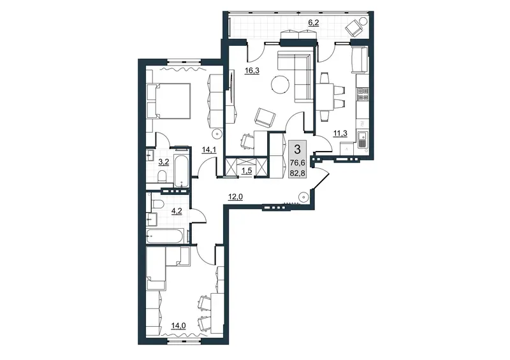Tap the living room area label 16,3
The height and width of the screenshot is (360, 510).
pos(252,70)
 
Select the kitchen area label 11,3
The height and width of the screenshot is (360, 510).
pos(340,133)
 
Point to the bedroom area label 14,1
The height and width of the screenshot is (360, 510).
pos(209,149)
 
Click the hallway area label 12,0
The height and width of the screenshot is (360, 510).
pos(236,196)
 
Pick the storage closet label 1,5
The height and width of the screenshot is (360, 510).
pos(247,170)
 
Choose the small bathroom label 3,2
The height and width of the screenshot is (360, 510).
pos(163,162)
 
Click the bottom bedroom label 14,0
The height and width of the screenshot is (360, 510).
pos(178,325)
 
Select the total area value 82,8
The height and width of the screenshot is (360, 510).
pos(297,173)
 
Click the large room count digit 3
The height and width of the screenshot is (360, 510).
pos(297,149)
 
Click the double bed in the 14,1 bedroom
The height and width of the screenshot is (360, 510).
pos(168,101)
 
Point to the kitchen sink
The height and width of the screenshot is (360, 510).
pos(362,139)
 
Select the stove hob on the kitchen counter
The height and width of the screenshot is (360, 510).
pos(362,94)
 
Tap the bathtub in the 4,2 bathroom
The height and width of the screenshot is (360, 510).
pos(165,236)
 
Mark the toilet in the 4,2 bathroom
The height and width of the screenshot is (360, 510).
pos(158,205)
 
